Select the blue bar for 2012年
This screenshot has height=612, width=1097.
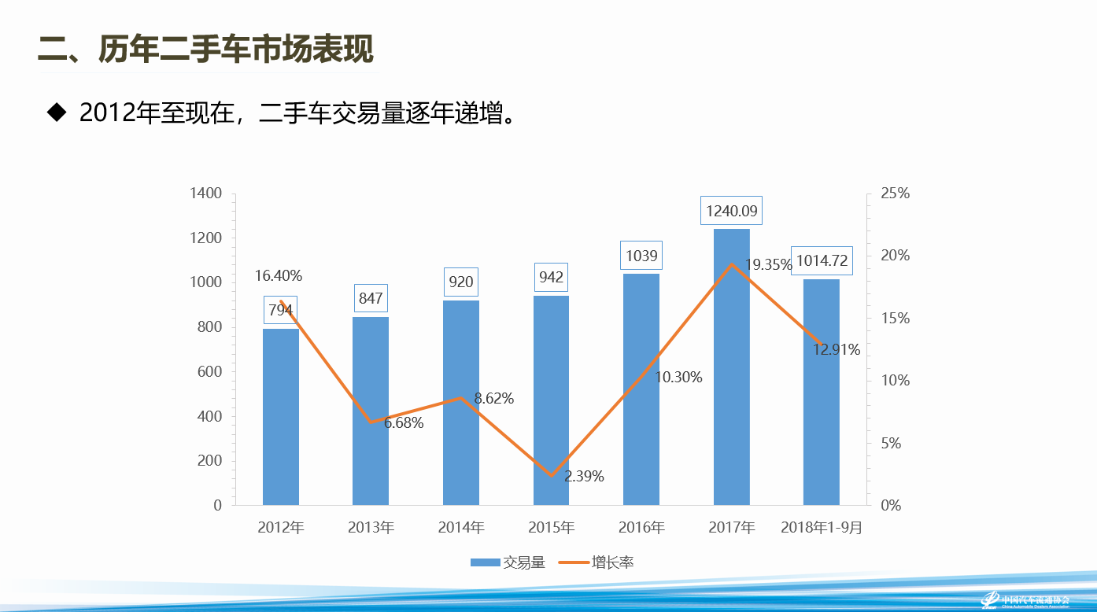pyautogui.click(x=280, y=417)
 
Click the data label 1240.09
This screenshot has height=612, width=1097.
pyautogui.click(x=732, y=211)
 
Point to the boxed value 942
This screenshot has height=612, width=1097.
pyautogui.click(x=551, y=277)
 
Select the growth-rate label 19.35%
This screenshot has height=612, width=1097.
pyautogui.click(x=768, y=265)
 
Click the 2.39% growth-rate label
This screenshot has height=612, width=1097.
pyautogui.click(x=584, y=476)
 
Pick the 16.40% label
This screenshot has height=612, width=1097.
pyautogui.click(x=279, y=275)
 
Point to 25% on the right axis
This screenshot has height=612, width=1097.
pyautogui.click(x=895, y=194)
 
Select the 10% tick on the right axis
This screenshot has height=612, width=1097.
pyautogui.click(x=895, y=381)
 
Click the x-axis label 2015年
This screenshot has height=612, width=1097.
pyautogui.click(x=551, y=528)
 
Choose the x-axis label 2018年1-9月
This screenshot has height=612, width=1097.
pyautogui.click(x=822, y=528)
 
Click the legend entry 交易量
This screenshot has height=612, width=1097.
pyautogui.click(x=508, y=562)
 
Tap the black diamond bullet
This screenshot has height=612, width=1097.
pyautogui.click(x=56, y=112)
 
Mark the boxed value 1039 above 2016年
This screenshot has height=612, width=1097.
pyautogui.click(x=641, y=255)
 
